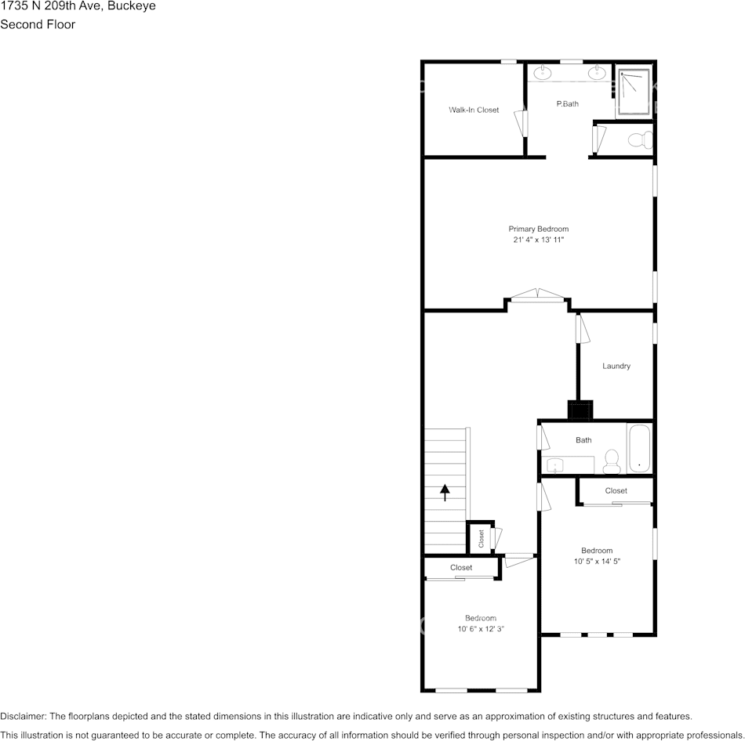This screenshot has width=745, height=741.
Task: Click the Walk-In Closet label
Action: pyautogui.click(x=474, y=110)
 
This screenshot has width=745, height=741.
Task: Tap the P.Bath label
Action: pyautogui.click(x=567, y=103)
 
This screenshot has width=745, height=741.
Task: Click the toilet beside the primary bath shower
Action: pyautogui.click(x=641, y=140)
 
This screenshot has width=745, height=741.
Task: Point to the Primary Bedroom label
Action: pyautogui.click(x=538, y=229)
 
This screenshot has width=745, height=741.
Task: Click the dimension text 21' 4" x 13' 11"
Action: pyautogui.click(x=538, y=240)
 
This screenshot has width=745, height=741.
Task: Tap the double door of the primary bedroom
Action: pyautogui.click(x=537, y=295)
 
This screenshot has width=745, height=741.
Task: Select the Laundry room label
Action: pyautogui.click(x=616, y=366)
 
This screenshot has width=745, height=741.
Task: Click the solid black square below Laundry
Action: pyautogui.click(x=580, y=410)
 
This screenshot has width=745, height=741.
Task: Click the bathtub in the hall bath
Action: pyautogui.click(x=639, y=449)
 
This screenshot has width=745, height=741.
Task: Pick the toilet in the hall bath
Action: pyautogui.click(x=612, y=461)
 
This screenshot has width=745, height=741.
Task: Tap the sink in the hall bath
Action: pyautogui.click(x=555, y=465)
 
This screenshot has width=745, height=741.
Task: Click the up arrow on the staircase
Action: pyautogui.click(x=445, y=492)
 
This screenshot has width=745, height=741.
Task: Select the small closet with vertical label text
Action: pyautogui.click(x=481, y=538)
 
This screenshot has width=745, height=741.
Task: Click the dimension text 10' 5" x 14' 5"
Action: pyautogui.click(x=597, y=561)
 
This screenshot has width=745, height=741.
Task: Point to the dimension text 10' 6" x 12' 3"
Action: pyautogui.click(x=480, y=629)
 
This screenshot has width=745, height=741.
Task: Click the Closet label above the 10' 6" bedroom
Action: pyautogui.click(x=461, y=567)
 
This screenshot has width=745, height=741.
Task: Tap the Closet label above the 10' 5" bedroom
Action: pyautogui.click(x=616, y=490)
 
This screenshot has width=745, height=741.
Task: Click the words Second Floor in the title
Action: pyautogui.click(x=38, y=24)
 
